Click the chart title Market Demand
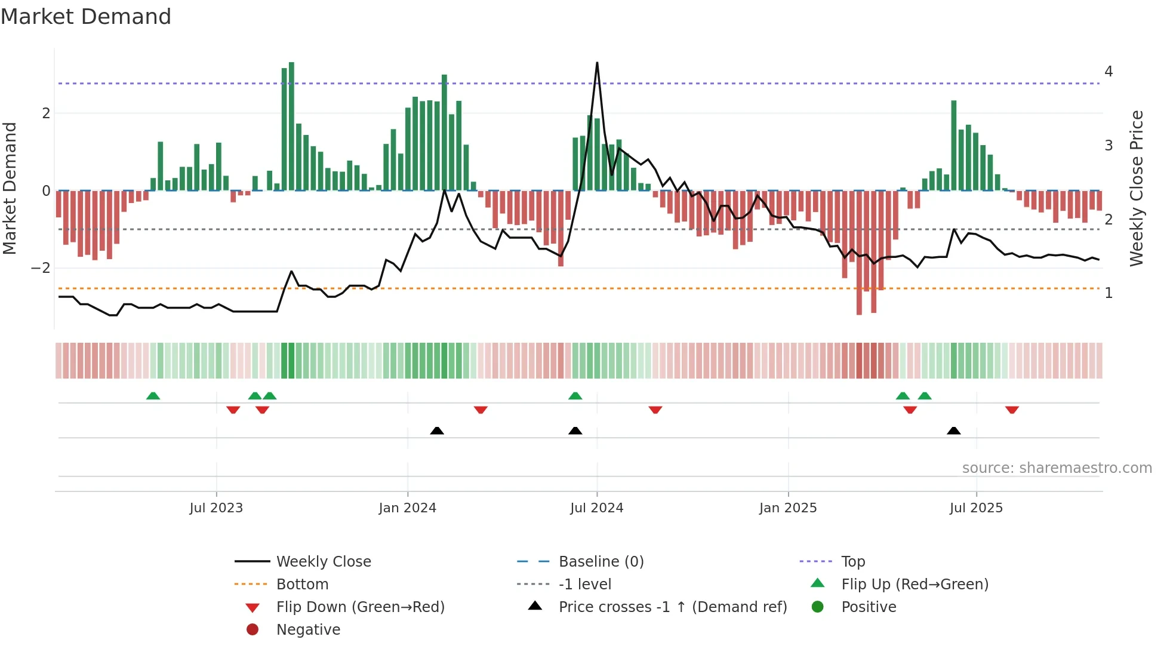click(86, 17)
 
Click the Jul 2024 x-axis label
click(596, 508)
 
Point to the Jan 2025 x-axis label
click(788, 508)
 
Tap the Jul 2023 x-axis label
click(216, 508)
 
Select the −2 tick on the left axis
click(41, 268)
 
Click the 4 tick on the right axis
click(1109, 72)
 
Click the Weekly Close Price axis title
click(1137, 188)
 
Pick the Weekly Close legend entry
click(323, 562)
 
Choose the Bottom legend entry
click(302, 585)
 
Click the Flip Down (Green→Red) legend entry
click(360, 607)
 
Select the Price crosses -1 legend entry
click(672, 607)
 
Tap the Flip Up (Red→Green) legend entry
click(915, 585)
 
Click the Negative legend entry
click(308, 630)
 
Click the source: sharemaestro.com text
click(1057, 468)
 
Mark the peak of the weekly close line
click(597, 63)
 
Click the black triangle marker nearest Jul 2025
click(953, 431)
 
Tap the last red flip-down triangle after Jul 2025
click(1012, 410)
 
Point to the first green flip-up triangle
click(153, 396)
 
